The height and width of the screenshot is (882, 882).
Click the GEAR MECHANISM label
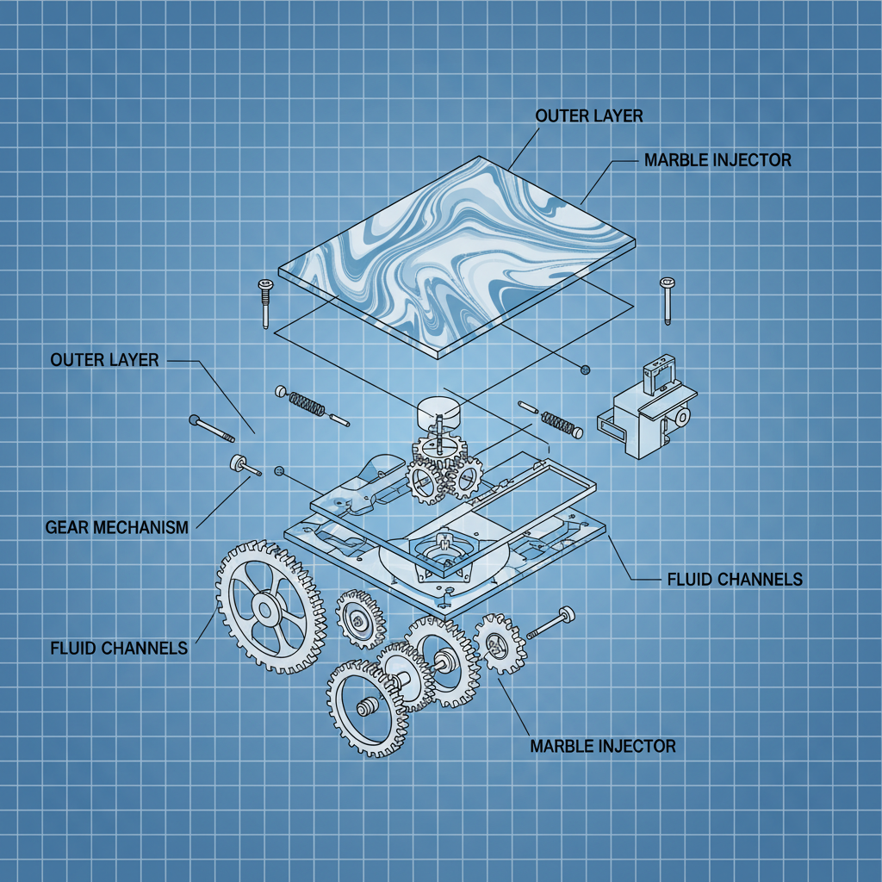click(x=115, y=527)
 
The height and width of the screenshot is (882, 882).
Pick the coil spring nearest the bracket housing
click(x=558, y=423)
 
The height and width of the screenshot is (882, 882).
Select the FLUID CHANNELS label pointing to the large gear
click(x=119, y=648)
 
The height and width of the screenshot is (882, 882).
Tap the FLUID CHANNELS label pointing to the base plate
click(x=735, y=579)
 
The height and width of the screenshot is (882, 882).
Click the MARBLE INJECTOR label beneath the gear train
click(x=602, y=745)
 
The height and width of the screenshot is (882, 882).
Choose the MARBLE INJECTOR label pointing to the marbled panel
click(x=717, y=160)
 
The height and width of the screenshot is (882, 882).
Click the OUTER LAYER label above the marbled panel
click(x=588, y=115)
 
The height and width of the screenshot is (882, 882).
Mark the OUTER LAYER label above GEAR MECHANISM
click(x=104, y=359)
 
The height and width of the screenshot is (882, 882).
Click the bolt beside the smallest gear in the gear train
click(x=551, y=623)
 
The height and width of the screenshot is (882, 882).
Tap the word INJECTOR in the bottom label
click(x=637, y=745)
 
